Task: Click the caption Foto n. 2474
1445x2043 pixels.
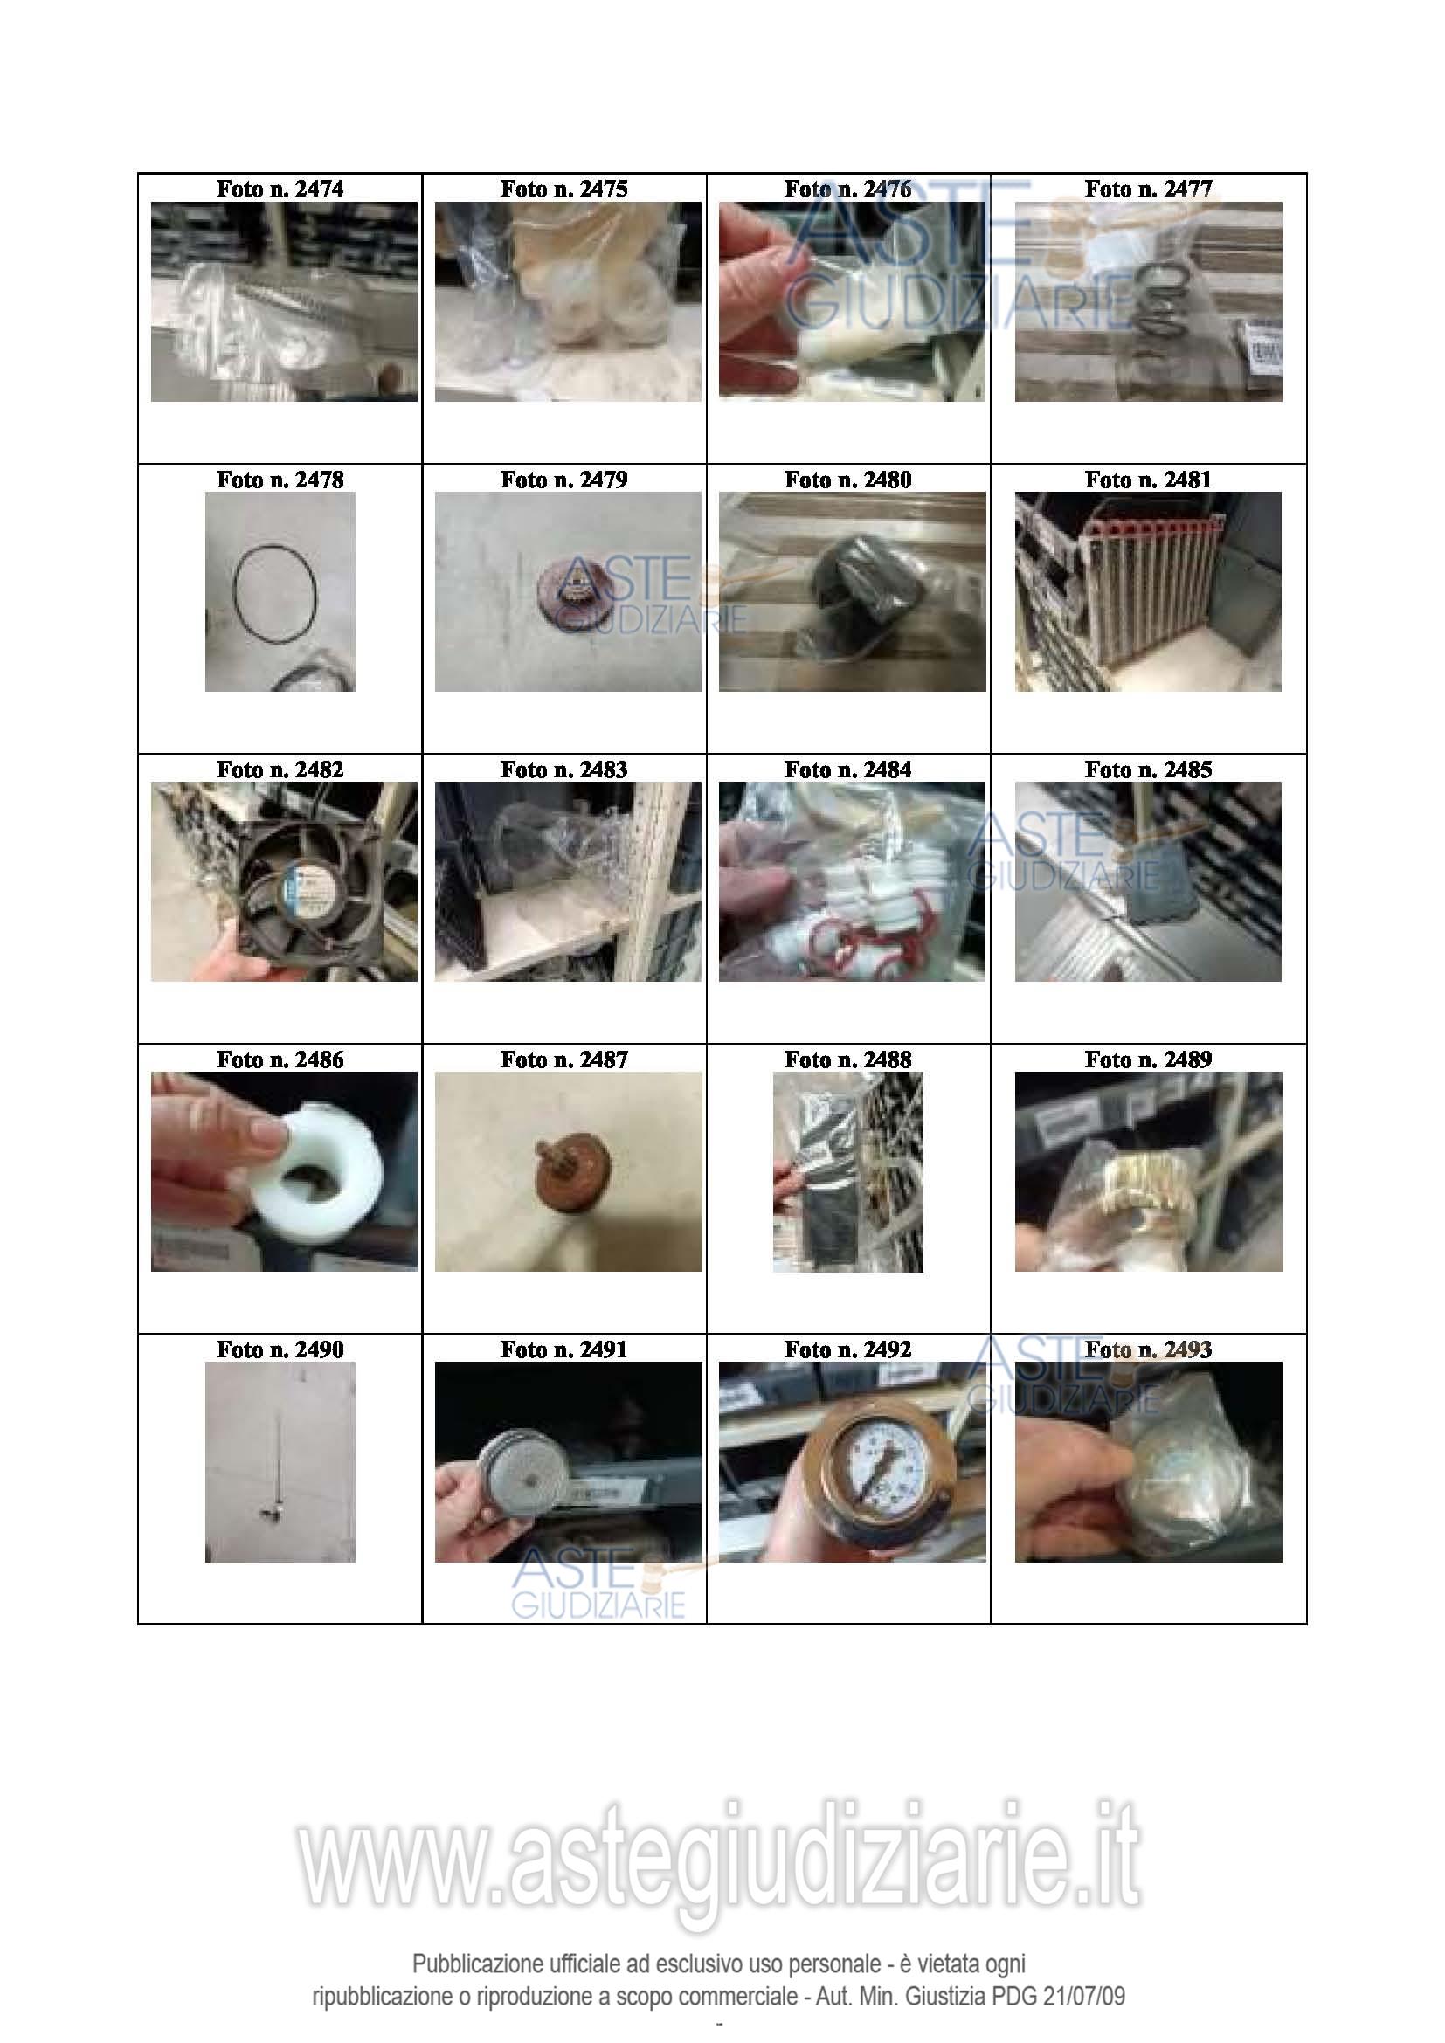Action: point(280,189)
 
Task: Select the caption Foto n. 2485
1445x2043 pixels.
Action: point(1148,769)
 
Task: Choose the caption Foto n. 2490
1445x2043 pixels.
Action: point(280,1349)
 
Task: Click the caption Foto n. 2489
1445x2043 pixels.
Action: point(1148,1059)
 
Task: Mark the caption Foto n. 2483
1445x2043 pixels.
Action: point(563,769)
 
